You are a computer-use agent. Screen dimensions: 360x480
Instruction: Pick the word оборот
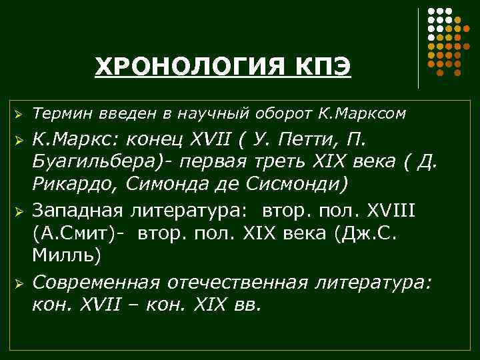pos(273,114)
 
